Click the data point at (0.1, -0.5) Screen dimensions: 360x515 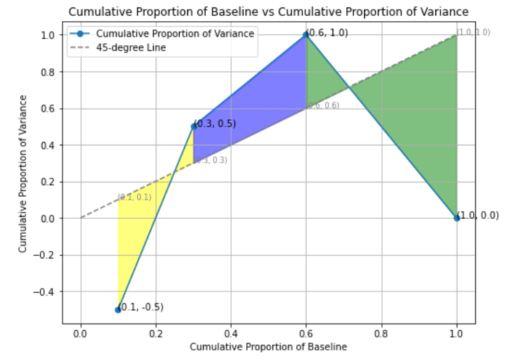click(x=118, y=310)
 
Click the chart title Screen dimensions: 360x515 click(x=269, y=11)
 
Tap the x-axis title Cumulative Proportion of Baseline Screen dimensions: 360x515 click(x=269, y=346)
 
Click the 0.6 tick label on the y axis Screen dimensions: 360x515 click(x=50, y=108)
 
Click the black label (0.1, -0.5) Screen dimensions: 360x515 click(x=143, y=307)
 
